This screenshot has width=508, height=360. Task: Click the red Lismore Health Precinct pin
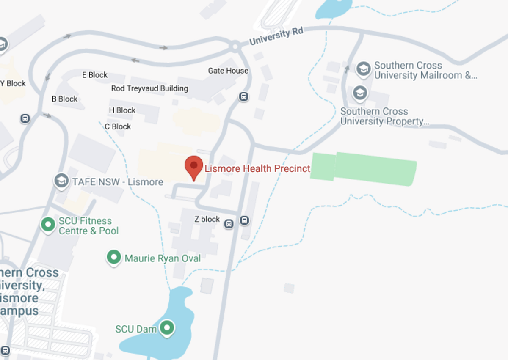coord(194,167)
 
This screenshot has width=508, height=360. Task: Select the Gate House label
coord(228,71)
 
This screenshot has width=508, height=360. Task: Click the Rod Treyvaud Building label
coord(149,88)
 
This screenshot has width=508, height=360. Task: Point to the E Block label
coord(95,75)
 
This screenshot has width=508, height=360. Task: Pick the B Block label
coord(65,99)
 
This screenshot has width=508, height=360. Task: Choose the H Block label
coord(122,110)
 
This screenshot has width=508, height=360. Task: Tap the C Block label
coord(118,126)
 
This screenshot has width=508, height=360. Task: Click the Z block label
coord(207,219)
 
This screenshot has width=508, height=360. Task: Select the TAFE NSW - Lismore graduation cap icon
coord(62,181)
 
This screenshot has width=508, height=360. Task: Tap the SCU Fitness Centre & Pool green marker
coord(48,224)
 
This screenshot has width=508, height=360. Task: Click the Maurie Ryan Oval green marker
coord(113,257)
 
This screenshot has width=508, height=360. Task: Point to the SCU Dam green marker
coord(167,327)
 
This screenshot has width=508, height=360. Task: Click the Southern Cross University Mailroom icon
coord(363,69)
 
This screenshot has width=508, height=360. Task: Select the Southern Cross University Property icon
coord(360,93)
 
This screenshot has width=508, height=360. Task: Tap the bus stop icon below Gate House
coord(243,97)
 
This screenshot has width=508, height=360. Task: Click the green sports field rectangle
coord(363,169)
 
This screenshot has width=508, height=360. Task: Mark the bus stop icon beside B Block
coord(25,118)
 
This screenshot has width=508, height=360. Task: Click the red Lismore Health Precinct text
coord(257,168)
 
